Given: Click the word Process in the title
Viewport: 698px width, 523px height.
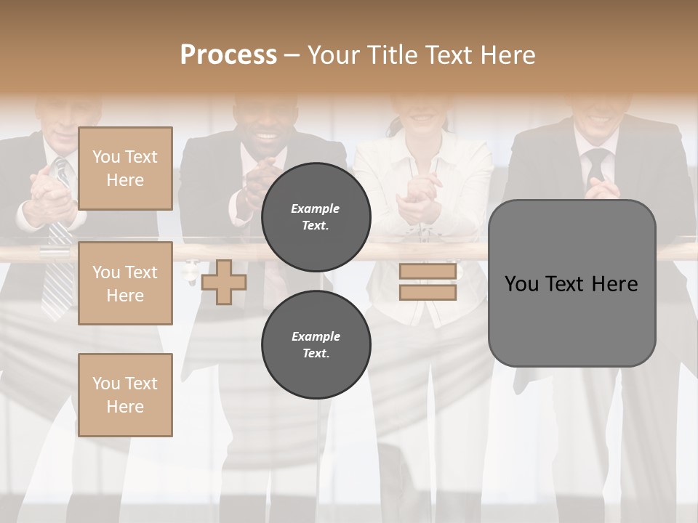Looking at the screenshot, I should [228, 54].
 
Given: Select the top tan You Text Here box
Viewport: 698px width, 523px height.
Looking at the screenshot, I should [125, 169].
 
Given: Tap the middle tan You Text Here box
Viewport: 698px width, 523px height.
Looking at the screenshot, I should [125, 283].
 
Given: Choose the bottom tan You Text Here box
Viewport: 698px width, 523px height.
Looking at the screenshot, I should [125, 394].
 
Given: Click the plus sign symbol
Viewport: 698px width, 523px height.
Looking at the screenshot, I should [223, 282].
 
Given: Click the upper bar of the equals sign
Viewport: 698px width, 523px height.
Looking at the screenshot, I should [428, 272].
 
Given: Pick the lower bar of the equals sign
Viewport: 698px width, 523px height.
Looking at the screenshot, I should [428, 293].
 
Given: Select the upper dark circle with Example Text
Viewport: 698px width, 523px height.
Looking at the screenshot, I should [316, 216].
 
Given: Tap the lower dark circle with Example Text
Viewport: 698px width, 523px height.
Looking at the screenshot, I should [316, 344].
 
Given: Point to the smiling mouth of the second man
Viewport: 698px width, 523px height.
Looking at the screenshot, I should [268, 136].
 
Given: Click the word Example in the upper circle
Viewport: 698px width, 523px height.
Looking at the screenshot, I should [316, 208].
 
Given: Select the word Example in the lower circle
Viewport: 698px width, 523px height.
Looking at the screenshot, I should [316, 336].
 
